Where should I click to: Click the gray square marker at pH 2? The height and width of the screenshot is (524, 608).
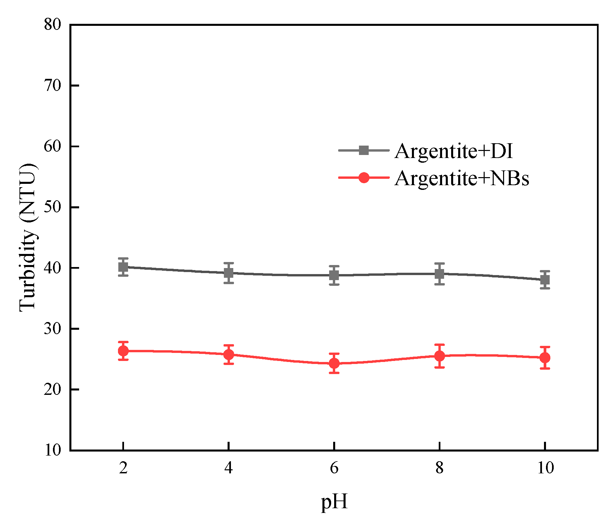pyautogui.click(x=123, y=267)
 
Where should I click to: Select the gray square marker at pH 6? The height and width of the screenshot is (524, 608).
pyautogui.click(x=334, y=275)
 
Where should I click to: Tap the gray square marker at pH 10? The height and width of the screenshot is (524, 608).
pyautogui.click(x=545, y=279)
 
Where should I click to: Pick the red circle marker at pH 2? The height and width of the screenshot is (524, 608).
pyautogui.click(x=123, y=351)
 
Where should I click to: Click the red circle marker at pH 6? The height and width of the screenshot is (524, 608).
pyautogui.click(x=334, y=363)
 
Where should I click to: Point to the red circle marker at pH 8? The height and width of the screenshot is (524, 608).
pyautogui.click(x=439, y=356)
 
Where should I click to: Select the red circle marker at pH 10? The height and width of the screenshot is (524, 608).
pyautogui.click(x=545, y=358)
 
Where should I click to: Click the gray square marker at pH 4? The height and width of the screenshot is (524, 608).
pyautogui.click(x=229, y=273)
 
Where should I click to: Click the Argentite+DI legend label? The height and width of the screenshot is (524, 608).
pyautogui.click(x=454, y=151)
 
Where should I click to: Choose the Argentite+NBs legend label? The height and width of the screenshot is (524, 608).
pyautogui.click(x=462, y=178)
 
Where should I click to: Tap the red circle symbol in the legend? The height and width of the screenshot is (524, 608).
pyautogui.click(x=364, y=177)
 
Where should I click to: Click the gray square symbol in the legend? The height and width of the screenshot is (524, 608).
pyautogui.click(x=364, y=150)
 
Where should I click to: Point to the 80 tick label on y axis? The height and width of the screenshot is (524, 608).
pyautogui.click(x=53, y=24)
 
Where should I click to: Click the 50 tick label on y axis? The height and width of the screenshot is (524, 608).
pyautogui.click(x=53, y=207)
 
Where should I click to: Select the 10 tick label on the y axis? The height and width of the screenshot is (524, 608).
pyautogui.click(x=53, y=450)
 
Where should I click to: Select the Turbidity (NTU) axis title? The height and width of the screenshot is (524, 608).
pyautogui.click(x=27, y=238)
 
